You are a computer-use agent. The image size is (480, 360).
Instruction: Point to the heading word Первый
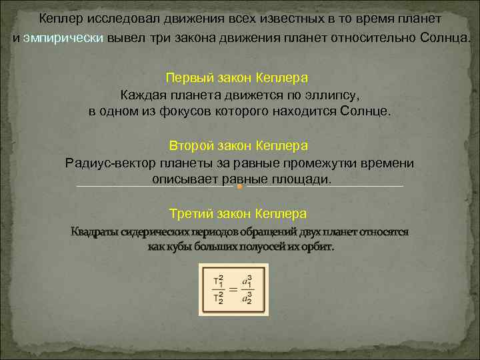[x=189, y=79]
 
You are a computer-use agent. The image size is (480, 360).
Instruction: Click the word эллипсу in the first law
[x=331, y=95]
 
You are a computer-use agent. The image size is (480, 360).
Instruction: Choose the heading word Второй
[x=191, y=145]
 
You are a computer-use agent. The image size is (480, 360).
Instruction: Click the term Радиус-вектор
[x=110, y=163]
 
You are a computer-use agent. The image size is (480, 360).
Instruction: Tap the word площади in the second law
[x=298, y=179]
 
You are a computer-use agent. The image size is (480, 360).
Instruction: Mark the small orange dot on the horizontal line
[x=238, y=187]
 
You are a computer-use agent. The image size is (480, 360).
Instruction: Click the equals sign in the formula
[x=233, y=289]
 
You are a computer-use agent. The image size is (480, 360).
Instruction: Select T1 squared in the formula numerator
[x=217, y=280]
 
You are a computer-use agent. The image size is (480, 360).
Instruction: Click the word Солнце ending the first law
[x=364, y=111]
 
